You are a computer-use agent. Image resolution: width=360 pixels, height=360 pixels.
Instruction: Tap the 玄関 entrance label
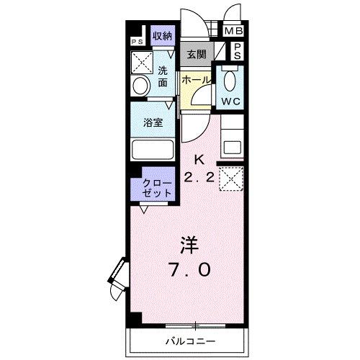coord(195,53)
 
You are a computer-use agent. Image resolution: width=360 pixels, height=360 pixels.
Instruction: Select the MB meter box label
coord(233,32)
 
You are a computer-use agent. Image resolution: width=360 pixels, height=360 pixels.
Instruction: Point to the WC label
coord(230,102)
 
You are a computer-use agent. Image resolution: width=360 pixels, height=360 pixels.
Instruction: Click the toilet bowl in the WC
coord(230,80)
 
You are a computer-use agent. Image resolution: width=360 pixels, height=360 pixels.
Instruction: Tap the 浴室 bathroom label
coord(153,122)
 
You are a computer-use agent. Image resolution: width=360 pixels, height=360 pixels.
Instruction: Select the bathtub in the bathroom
coord(153,150)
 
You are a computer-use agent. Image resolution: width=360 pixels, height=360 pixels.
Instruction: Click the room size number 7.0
coord(191,270)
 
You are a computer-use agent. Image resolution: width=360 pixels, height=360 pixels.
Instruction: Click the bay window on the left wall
coord(117,276)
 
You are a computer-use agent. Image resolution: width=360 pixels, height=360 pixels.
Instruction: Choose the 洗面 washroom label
coord(164,77)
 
